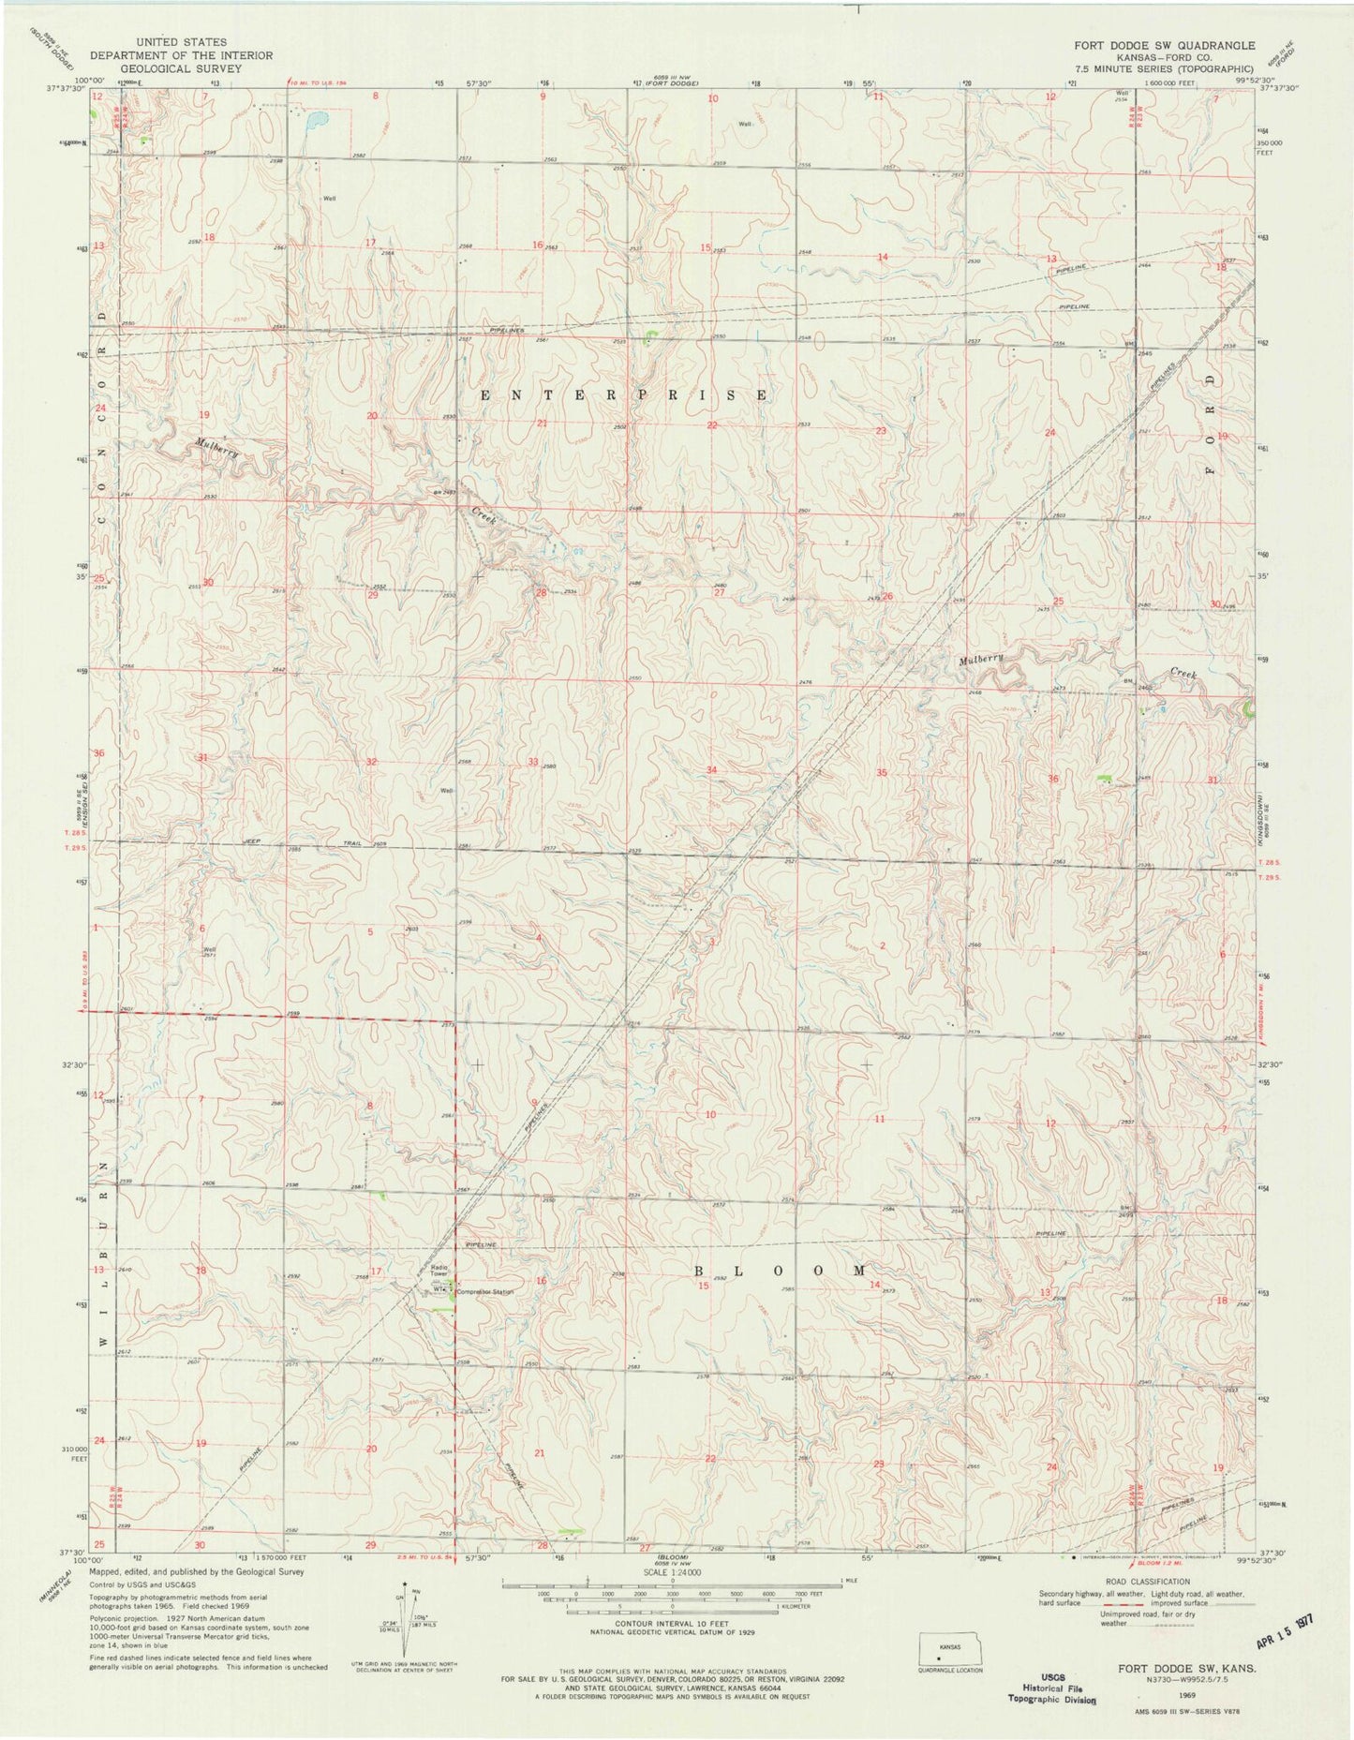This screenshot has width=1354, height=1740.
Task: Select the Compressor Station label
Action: [485, 1293]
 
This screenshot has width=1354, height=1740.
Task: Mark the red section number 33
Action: [533, 762]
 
